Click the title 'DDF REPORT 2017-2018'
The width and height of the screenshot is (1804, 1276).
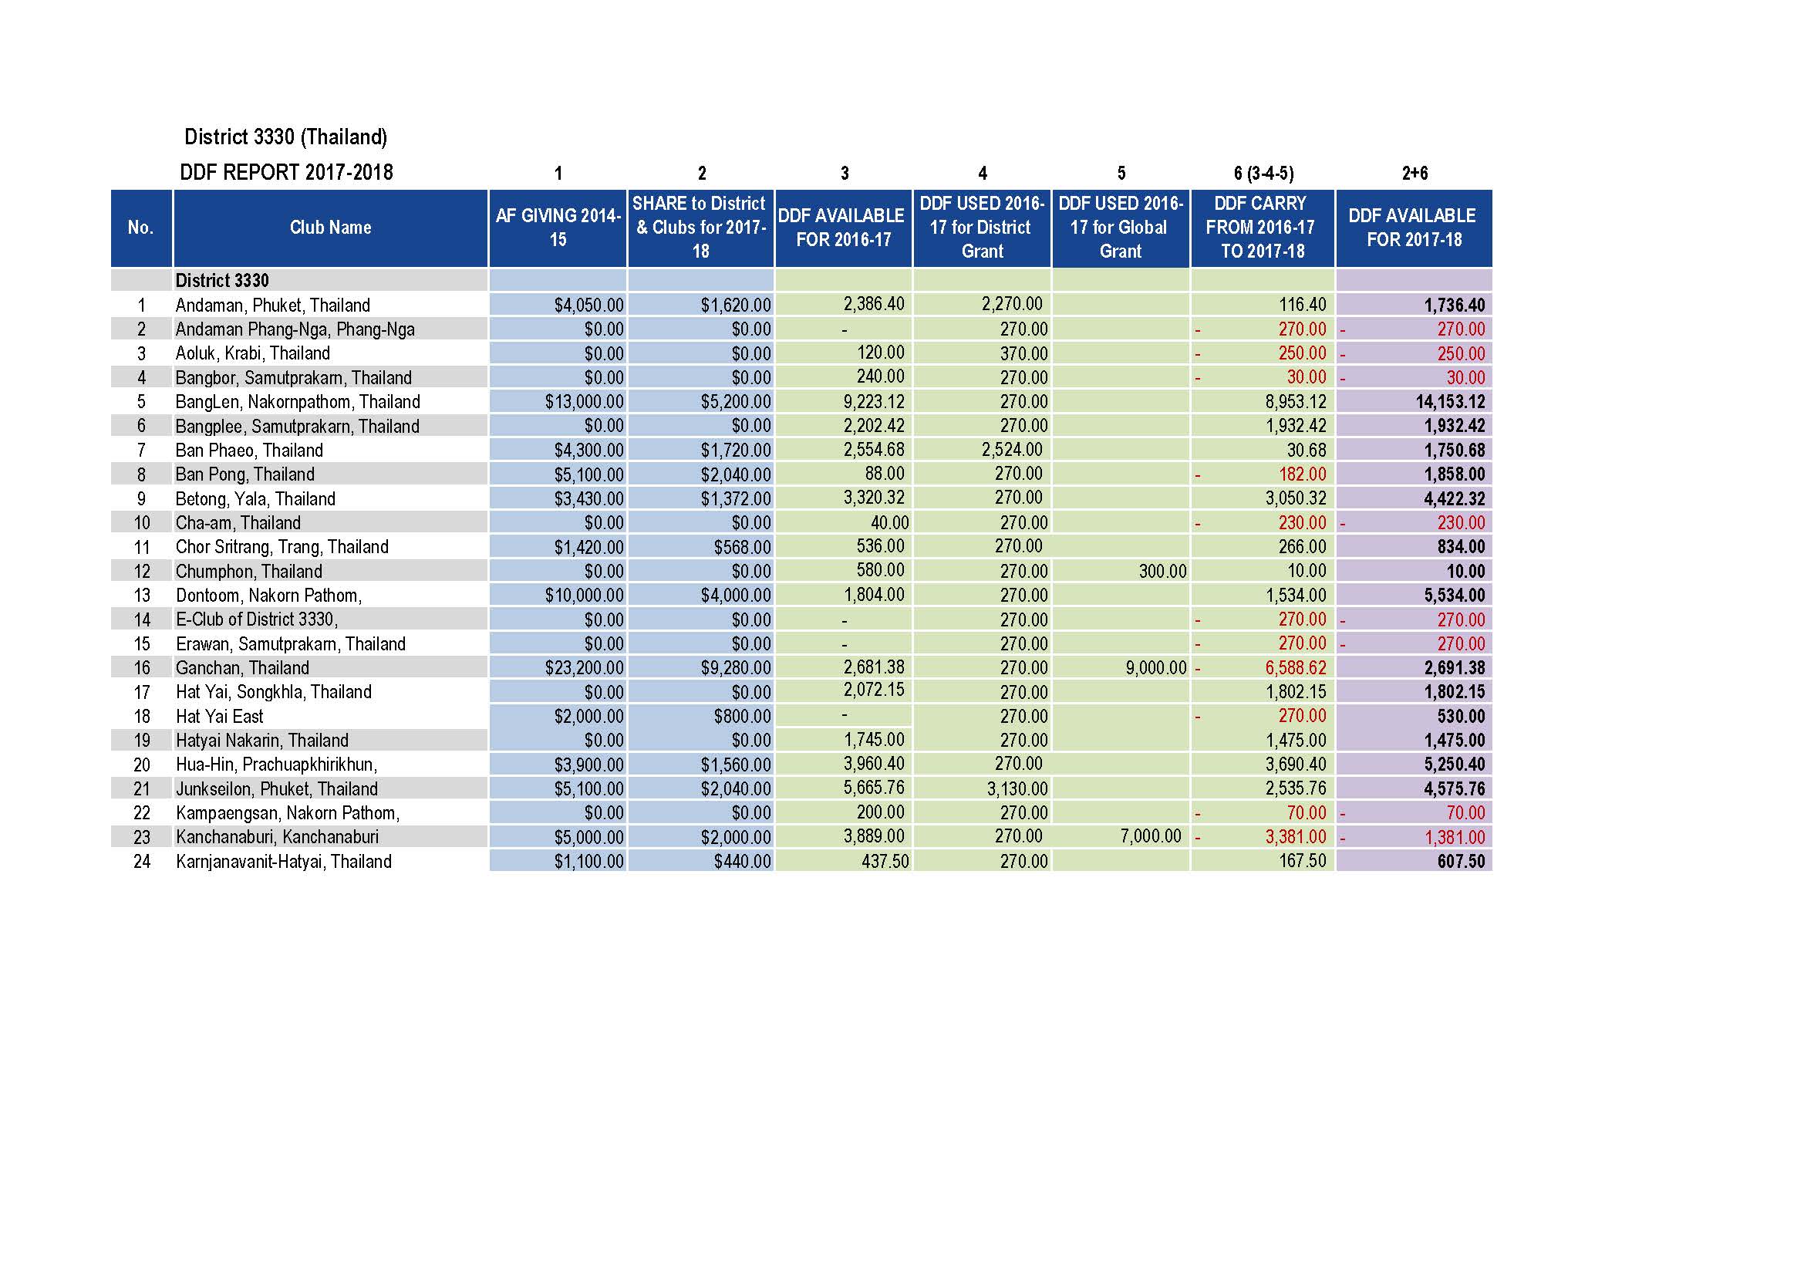pos(286,172)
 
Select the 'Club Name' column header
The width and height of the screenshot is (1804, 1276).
pos(330,228)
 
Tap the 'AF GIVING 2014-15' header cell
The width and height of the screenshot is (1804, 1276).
pos(558,228)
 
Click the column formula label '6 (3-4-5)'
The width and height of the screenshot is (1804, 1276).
pos(1263,173)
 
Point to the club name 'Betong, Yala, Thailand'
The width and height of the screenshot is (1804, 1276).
pos(255,499)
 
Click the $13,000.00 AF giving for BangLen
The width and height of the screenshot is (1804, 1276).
pos(585,402)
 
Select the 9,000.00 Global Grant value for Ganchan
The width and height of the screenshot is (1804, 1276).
pos(1156,668)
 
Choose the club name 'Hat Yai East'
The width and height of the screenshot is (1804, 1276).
pos(220,717)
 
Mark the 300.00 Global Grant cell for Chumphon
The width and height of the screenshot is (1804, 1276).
pos(1163,571)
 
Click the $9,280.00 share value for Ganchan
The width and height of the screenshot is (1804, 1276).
pos(737,668)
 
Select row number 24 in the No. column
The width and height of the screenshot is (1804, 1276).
pos(141,862)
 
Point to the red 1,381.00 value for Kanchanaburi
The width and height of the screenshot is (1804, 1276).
pos(1455,838)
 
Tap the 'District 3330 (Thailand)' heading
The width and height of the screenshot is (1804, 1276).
pos(286,137)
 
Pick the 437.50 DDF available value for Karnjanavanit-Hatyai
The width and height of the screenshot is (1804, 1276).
pos(885,862)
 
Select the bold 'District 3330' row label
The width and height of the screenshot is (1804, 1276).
pos(222,281)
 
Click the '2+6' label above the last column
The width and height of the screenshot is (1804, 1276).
pos(1415,173)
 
